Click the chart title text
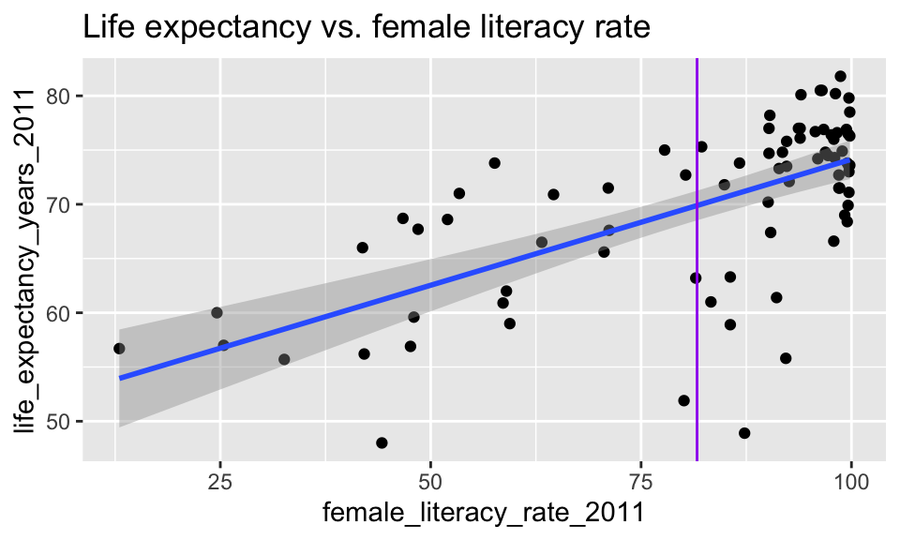tap(366, 27)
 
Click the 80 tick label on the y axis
tap(61, 97)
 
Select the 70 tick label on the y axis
tap(61, 204)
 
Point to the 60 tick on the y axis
tap(61, 313)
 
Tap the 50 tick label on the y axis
tap(61, 421)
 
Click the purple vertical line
tap(697, 281)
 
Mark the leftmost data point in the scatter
tap(119, 349)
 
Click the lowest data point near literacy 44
tap(382, 442)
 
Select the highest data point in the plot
tap(840, 77)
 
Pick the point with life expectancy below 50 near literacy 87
tap(744, 433)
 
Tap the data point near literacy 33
tap(284, 359)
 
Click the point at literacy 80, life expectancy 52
tap(683, 400)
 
